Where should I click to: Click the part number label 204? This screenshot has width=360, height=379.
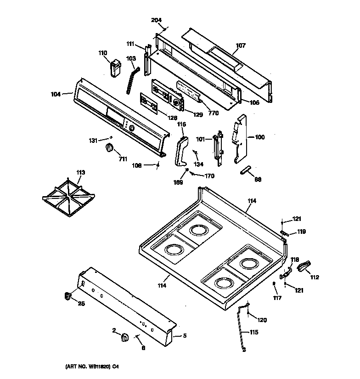tap(157, 20)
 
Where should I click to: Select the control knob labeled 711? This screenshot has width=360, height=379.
tap(109, 147)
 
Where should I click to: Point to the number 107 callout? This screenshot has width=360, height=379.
tap(241, 45)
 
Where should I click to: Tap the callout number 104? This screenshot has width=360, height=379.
tap(56, 94)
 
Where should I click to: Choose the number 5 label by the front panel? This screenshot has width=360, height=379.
tap(185, 336)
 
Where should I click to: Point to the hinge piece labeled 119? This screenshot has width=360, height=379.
tap(285, 233)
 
